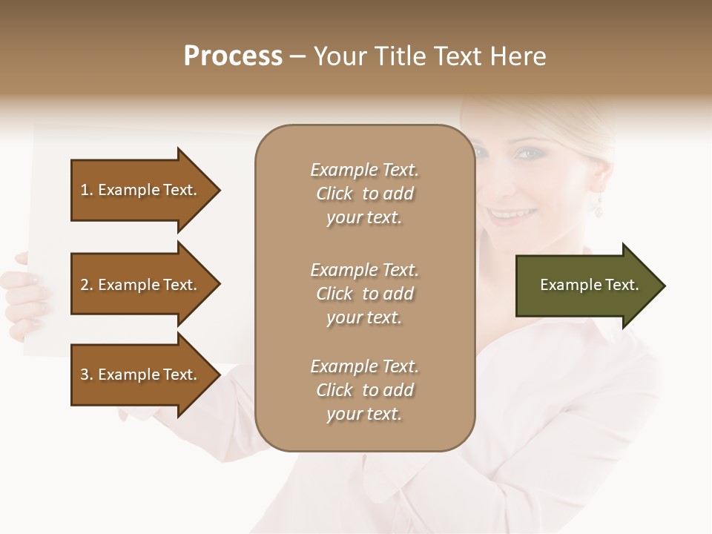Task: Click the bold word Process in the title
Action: [233, 56]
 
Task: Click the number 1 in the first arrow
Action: [85, 190]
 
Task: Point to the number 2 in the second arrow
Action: [85, 285]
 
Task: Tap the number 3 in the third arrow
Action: [85, 375]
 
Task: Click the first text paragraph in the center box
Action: [364, 194]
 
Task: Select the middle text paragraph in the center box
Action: [364, 294]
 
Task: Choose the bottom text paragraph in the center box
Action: [364, 390]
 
